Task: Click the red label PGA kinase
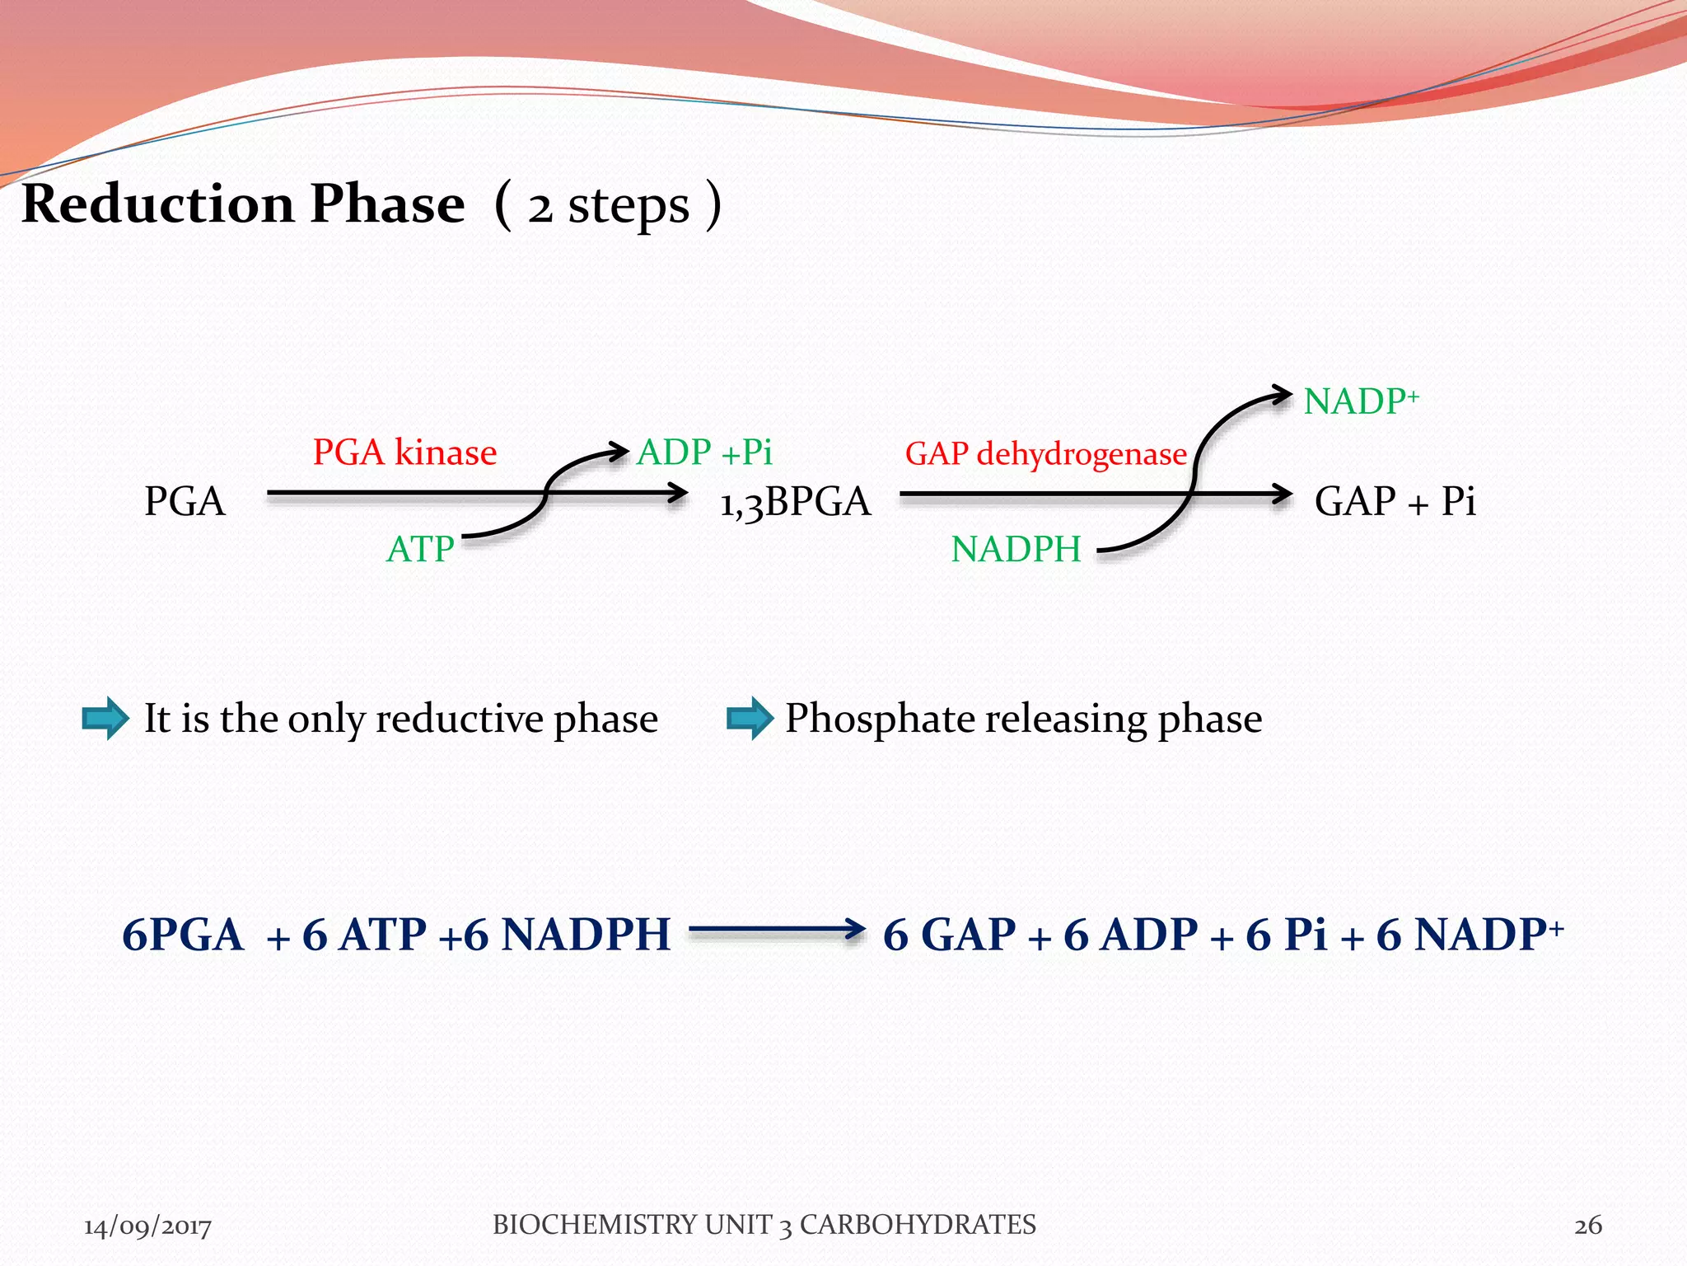tap(404, 452)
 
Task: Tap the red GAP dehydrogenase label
tap(1045, 454)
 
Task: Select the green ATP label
tap(420, 549)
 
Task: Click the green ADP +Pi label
tap(704, 452)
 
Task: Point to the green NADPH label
tap(1016, 549)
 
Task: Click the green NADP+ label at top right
tap(1361, 401)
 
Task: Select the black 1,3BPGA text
tap(795, 501)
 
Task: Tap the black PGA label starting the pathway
tap(185, 501)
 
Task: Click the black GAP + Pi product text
tap(1395, 501)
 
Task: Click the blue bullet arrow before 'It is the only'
tap(105, 718)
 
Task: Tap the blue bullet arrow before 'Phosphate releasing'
tap(750, 718)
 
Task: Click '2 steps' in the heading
tap(608, 206)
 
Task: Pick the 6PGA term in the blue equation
tap(183, 935)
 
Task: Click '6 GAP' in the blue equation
tap(949, 935)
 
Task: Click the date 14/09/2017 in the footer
tap(147, 1226)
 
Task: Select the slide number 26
tap(1588, 1226)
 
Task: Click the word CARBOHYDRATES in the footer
tap(918, 1225)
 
